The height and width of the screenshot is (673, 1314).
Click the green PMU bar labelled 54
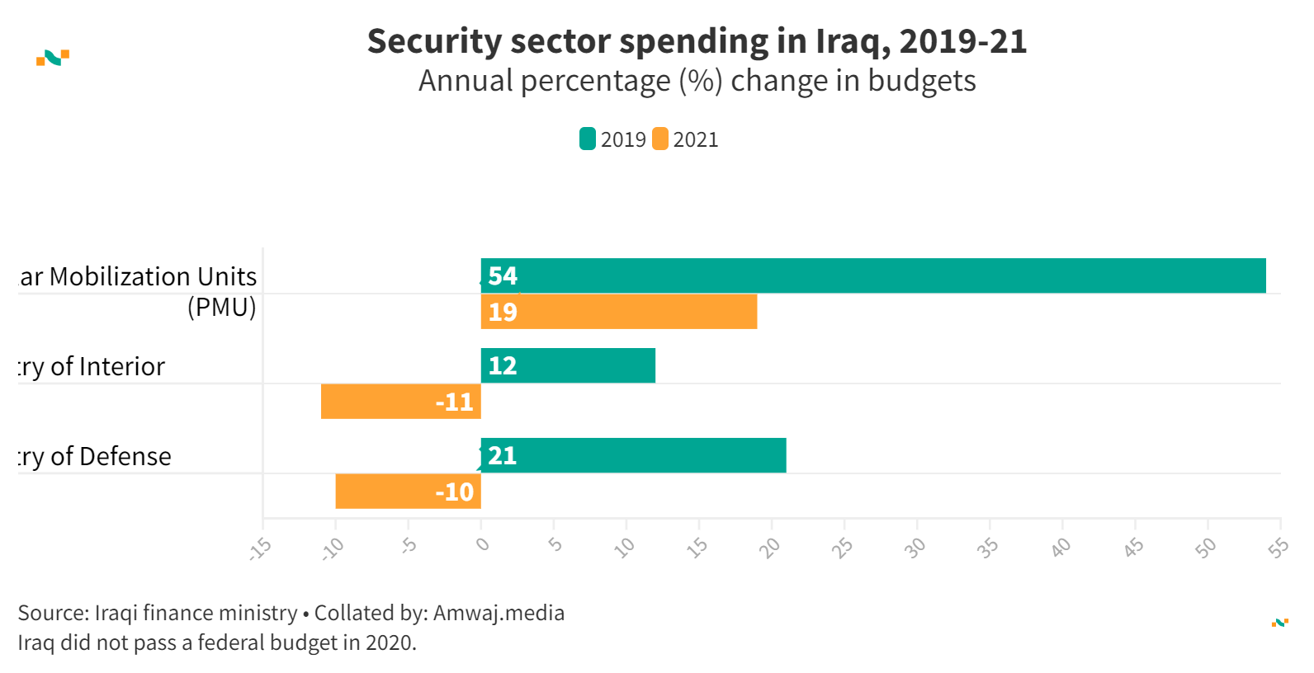[x=873, y=275]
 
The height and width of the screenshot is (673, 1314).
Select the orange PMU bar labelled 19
[x=619, y=312]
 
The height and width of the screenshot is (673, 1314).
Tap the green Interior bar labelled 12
[x=568, y=365]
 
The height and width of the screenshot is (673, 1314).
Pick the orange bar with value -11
[x=401, y=402]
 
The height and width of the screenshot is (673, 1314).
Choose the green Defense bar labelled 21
[x=633, y=455]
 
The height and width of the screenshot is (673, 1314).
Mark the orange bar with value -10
[x=408, y=492]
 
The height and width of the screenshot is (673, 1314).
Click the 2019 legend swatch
[x=588, y=139]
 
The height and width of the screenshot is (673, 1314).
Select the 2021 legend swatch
[x=660, y=139]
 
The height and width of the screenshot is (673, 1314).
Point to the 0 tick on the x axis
[x=483, y=544]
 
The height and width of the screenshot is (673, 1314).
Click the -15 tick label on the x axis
[x=261, y=548]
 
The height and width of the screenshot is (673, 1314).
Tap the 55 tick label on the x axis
[x=1279, y=547]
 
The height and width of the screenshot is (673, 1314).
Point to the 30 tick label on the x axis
[x=915, y=547]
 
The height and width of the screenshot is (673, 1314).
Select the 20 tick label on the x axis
[x=769, y=547]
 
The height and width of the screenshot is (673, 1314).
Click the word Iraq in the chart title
[x=853, y=41]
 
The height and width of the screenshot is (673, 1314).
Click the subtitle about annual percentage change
[x=697, y=81]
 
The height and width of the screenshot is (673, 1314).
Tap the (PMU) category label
[x=221, y=307]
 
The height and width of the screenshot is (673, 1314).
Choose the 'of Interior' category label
[x=107, y=366]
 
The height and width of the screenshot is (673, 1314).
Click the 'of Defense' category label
[x=111, y=456]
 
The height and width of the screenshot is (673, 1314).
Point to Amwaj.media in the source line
[x=499, y=613]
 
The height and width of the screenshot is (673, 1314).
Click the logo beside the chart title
[x=53, y=58]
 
